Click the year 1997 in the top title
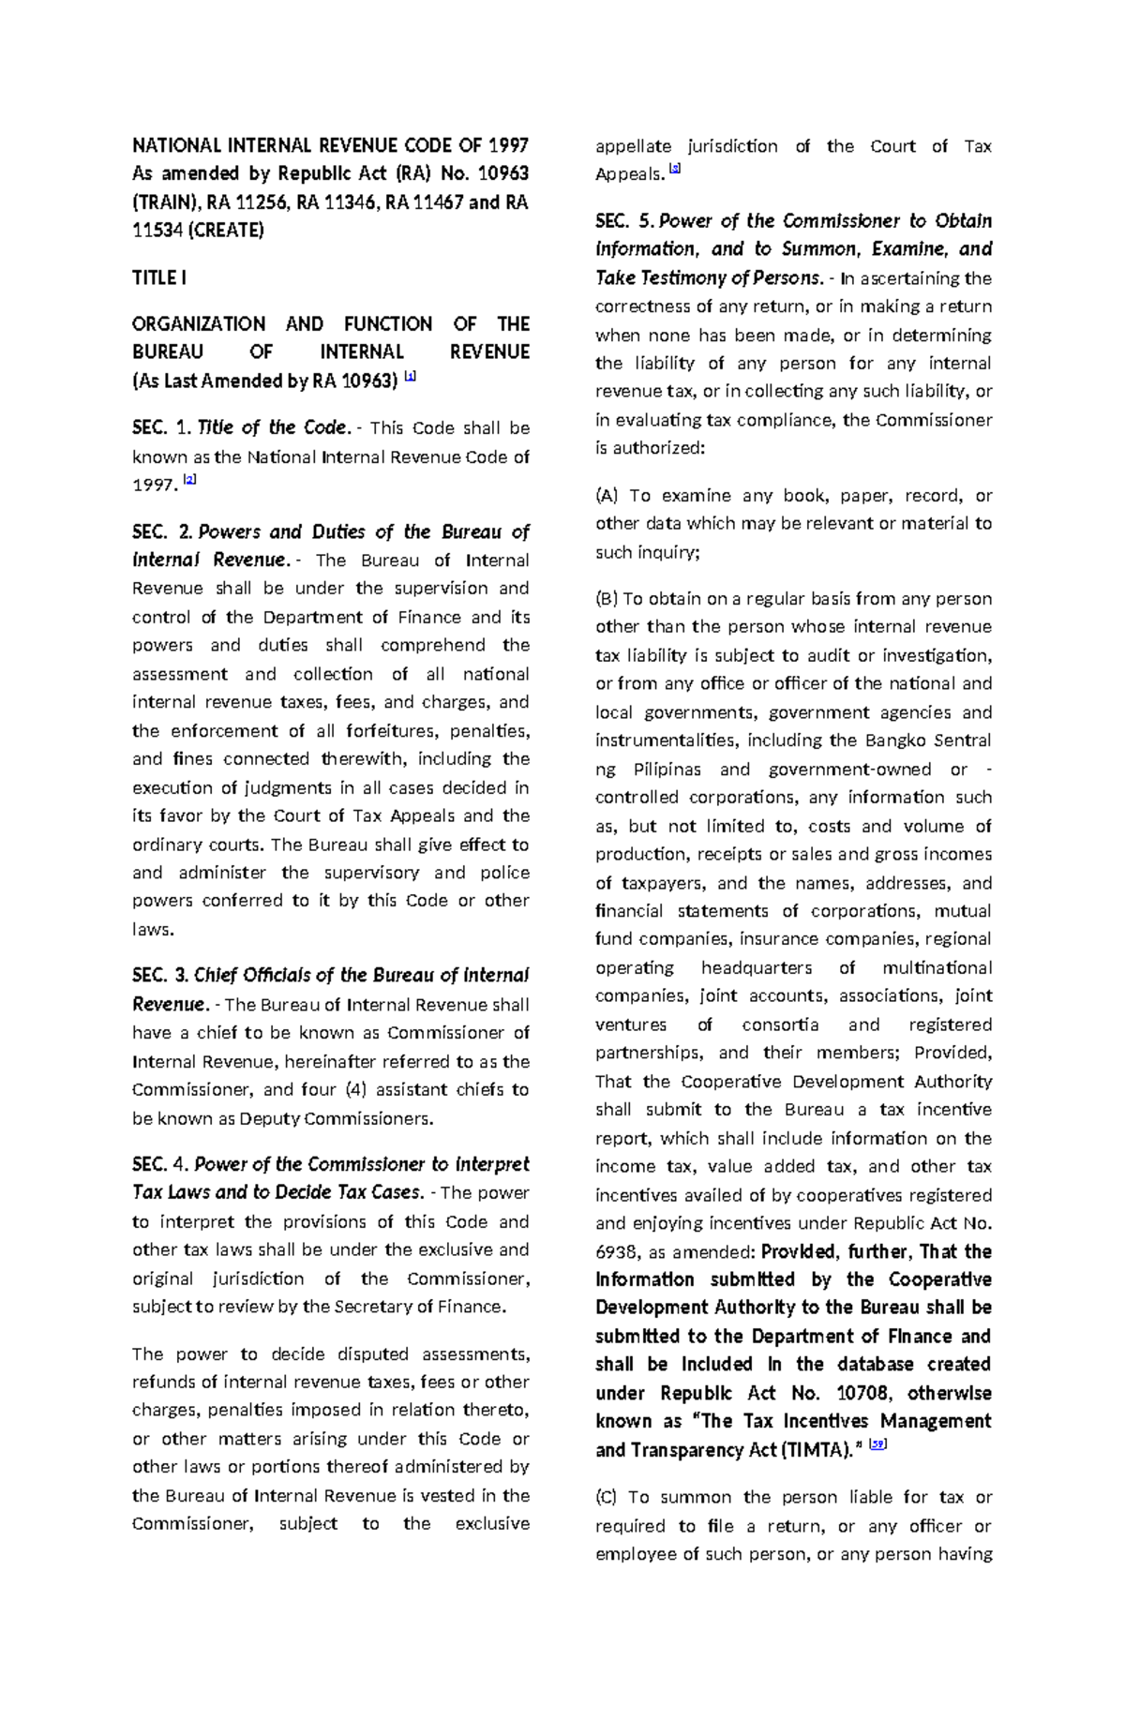tap(507, 145)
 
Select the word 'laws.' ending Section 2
tap(153, 930)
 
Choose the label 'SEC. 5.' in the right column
tap(624, 222)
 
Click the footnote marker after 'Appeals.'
tap(675, 171)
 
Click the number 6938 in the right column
tap(617, 1252)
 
